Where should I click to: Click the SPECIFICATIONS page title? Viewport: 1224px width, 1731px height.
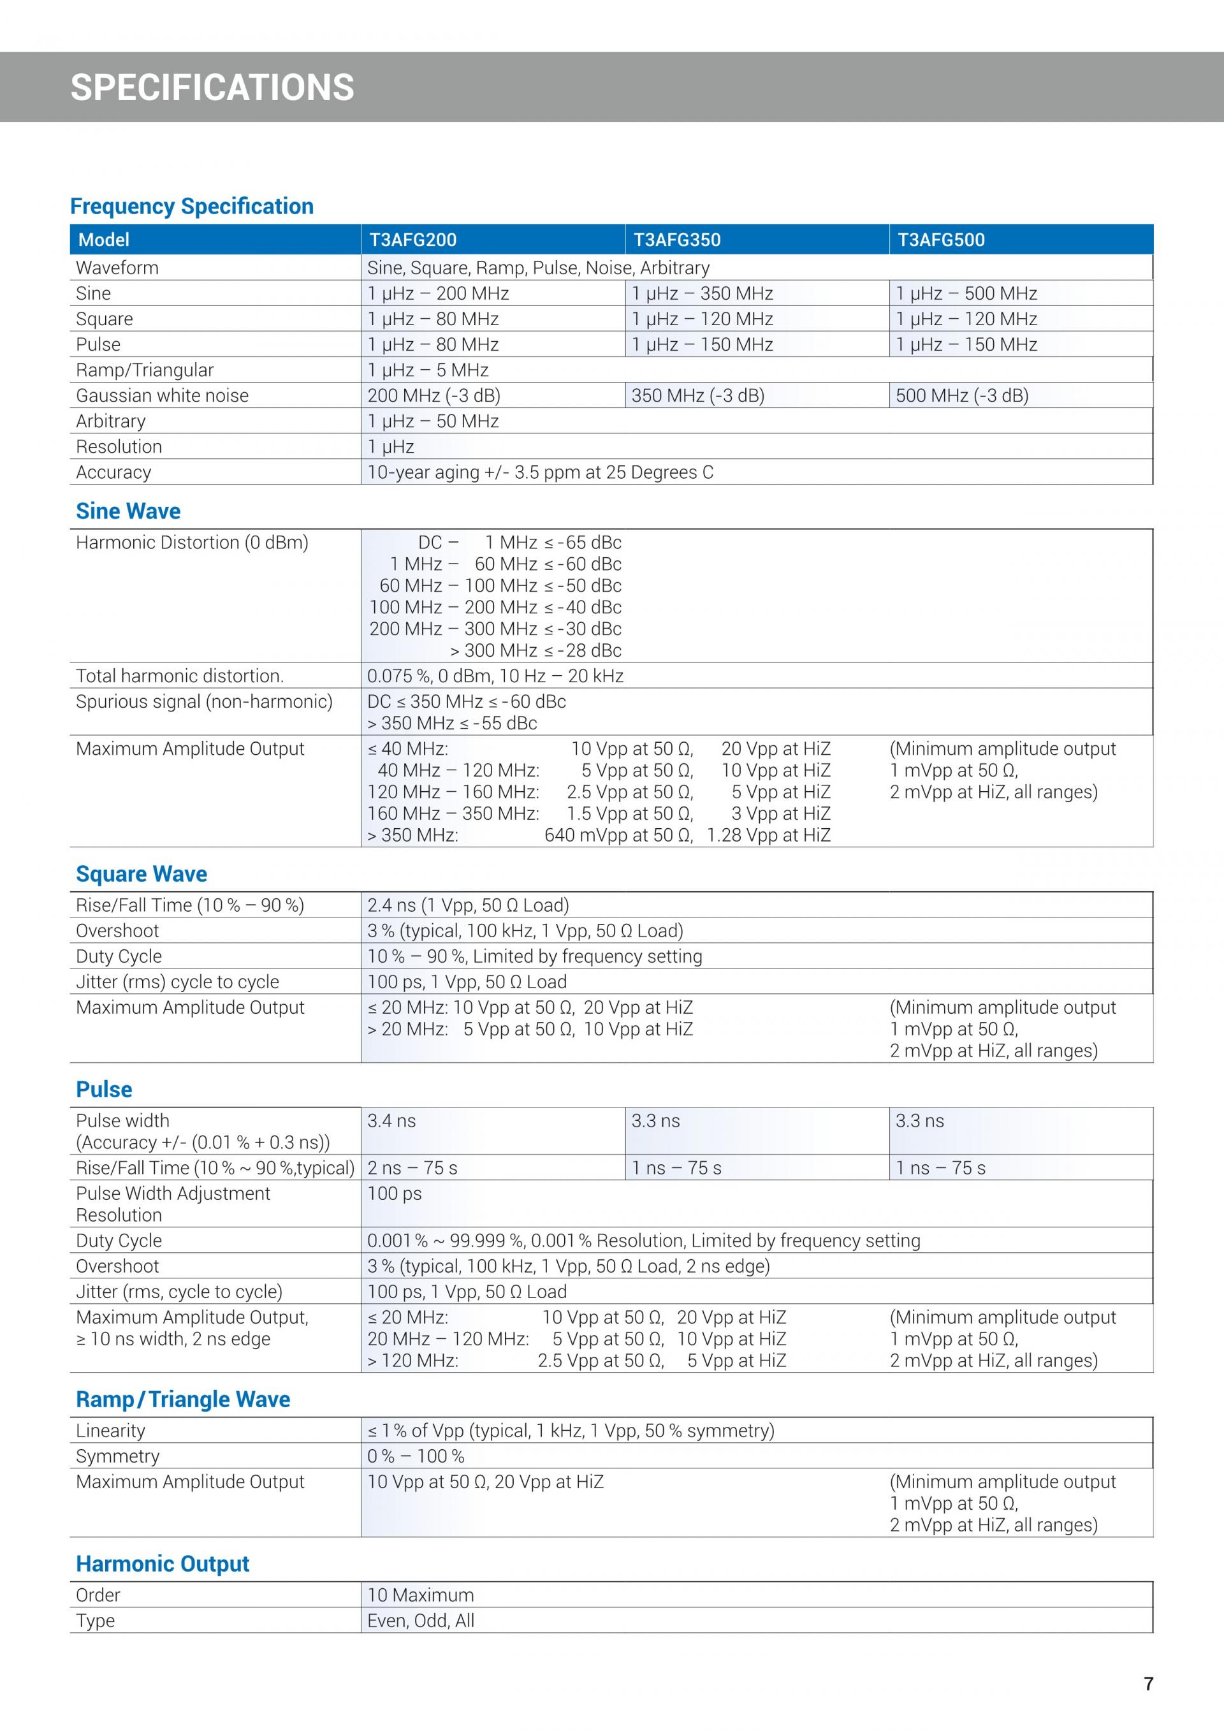click(212, 87)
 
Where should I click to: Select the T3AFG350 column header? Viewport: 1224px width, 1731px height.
click(677, 240)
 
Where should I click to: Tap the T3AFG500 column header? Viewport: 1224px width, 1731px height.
click(940, 240)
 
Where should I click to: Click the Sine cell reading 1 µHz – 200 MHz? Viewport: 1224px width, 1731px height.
click(438, 293)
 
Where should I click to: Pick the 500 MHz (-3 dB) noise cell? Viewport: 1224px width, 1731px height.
click(962, 396)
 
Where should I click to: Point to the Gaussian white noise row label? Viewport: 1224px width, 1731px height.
click(162, 396)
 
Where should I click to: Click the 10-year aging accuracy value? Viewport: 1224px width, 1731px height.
click(540, 472)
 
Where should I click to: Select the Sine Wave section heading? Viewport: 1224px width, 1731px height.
click(128, 511)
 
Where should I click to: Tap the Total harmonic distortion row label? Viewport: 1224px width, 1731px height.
click(179, 676)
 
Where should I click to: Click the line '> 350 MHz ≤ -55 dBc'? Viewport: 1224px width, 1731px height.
click(452, 724)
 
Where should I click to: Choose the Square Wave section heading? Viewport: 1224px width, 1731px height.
click(142, 874)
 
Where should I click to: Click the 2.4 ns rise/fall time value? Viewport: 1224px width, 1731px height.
click(468, 905)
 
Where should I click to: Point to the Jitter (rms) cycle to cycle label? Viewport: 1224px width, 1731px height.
click(177, 982)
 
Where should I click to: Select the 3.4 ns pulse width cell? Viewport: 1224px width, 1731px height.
click(392, 1121)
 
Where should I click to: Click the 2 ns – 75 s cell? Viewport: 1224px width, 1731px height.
click(412, 1169)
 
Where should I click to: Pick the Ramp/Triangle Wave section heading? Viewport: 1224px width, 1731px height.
click(183, 1399)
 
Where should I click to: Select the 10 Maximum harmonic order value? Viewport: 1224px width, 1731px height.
click(421, 1595)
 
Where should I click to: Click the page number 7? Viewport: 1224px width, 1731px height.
click(1148, 1684)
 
